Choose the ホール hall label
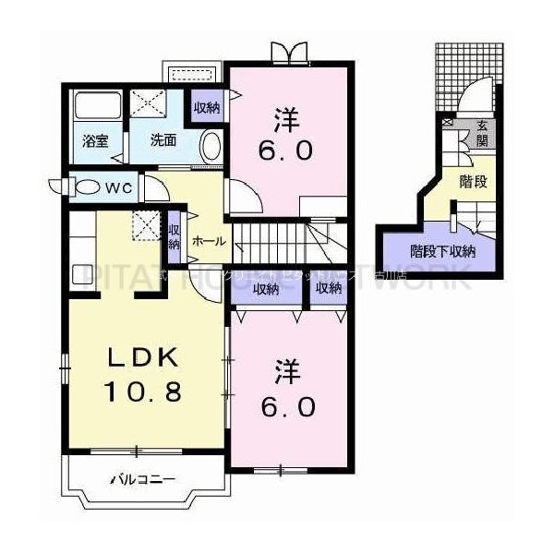click(209, 240)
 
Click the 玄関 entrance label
click(481, 134)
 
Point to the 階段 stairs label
click(473, 181)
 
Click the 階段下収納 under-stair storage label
click(442, 249)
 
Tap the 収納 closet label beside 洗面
click(207, 108)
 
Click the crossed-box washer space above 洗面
click(145, 102)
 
